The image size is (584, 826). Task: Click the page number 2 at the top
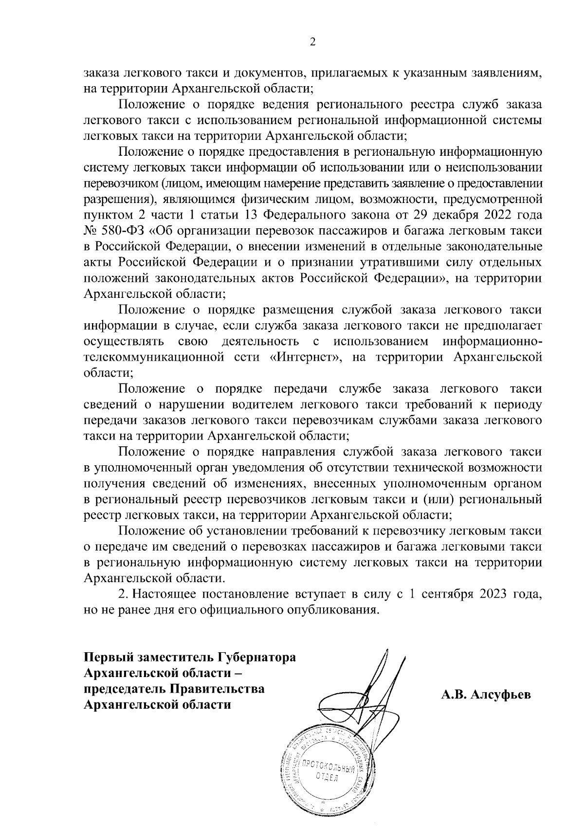[312, 42]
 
